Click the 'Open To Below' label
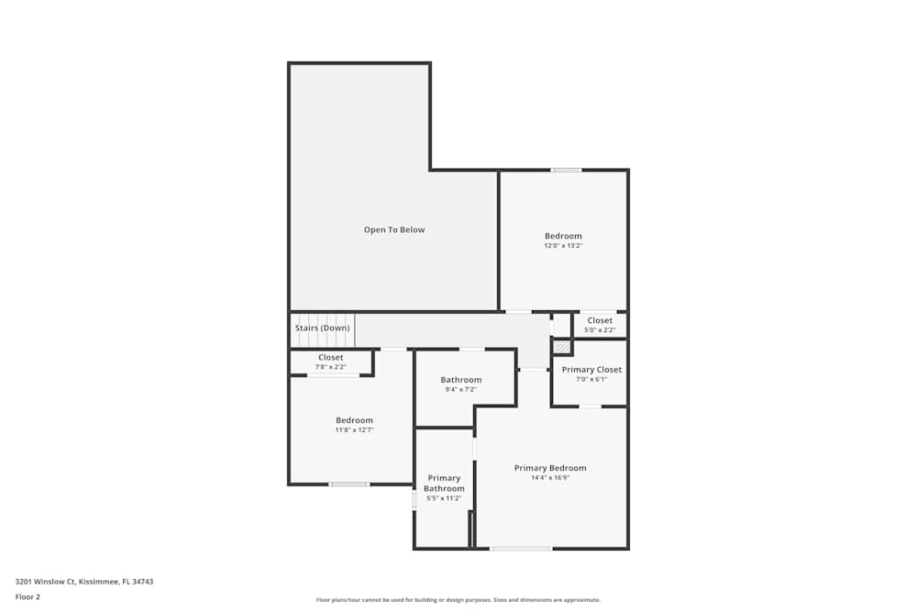click(x=394, y=229)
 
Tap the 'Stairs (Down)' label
click(x=322, y=328)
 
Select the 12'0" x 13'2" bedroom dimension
click(x=563, y=246)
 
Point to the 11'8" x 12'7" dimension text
click(x=354, y=429)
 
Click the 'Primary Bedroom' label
click(x=550, y=468)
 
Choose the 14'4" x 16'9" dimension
click(x=550, y=478)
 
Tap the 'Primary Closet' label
click(x=591, y=370)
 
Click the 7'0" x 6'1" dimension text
click(x=591, y=379)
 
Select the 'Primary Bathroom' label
click(x=444, y=484)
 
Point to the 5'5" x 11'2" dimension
click(x=444, y=498)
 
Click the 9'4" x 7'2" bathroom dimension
click(x=460, y=389)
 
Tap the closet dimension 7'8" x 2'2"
click(x=331, y=367)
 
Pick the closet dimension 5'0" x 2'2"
click(x=600, y=330)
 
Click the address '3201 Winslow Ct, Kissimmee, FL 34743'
click(x=84, y=581)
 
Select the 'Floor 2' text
click(x=28, y=596)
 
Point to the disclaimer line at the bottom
click(x=458, y=600)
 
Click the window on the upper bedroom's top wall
click(x=566, y=170)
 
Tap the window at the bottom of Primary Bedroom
click(x=521, y=549)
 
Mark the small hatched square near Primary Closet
click(x=561, y=348)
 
